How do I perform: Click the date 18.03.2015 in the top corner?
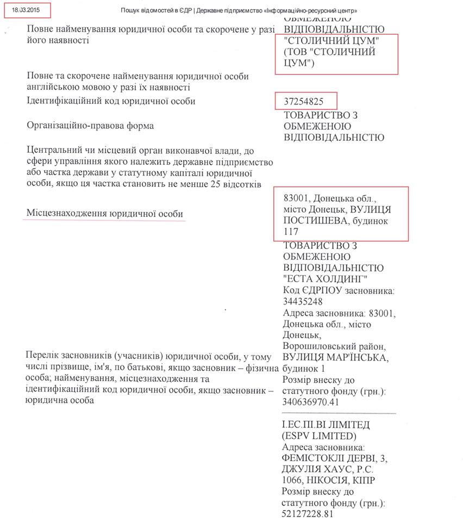[26, 10]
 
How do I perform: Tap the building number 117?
[291, 232]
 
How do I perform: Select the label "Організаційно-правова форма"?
[90, 126]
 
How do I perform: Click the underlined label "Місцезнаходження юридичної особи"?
[105, 214]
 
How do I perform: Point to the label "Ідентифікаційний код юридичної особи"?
[111, 101]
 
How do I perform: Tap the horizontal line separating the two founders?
[339, 414]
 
